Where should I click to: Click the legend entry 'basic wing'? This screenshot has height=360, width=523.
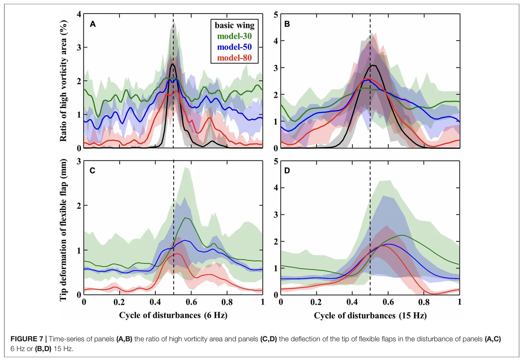(x=234, y=25)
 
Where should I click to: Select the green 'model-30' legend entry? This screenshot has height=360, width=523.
(x=234, y=36)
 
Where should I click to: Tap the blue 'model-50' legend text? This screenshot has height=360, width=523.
(x=234, y=47)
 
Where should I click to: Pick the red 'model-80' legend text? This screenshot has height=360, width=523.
(x=234, y=58)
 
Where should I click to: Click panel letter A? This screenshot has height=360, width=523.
(x=93, y=24)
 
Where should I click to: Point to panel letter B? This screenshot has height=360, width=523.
(x=287, y=24)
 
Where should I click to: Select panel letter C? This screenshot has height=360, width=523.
(x=93, y=171)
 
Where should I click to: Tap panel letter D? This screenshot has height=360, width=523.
(x=287, y=171)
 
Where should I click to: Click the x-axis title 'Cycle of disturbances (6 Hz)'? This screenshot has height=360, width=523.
(x=173, y=315)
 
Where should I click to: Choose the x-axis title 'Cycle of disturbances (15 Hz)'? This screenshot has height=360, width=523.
(x=370, y=316)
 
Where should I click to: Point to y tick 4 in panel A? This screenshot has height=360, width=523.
(x=79, y=14)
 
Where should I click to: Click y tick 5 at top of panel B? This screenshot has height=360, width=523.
(x=276, y=15)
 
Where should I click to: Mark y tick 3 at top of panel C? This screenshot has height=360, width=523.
(x=79, y=161)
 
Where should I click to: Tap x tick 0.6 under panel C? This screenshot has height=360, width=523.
(x=191, y=302)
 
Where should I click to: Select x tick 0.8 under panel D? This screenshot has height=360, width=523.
(x=424, y=302)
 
